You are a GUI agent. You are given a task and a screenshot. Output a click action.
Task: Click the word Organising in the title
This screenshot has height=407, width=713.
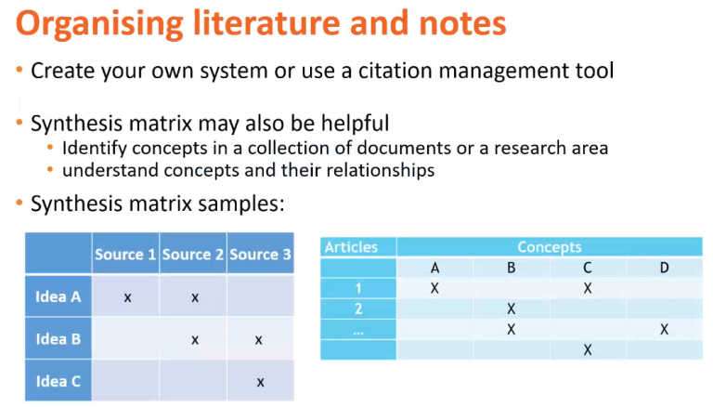click(99, 23)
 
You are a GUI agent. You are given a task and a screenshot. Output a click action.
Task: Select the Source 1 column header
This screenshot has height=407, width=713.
click(125, 254)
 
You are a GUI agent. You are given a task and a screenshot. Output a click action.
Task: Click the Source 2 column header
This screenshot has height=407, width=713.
click(193, 254)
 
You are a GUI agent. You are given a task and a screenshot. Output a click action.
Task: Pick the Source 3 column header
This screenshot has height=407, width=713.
click(260, 254)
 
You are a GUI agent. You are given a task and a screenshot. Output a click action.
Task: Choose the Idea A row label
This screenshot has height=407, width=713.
click(58, 296)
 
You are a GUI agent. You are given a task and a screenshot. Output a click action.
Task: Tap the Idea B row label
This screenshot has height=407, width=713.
click(58, 339)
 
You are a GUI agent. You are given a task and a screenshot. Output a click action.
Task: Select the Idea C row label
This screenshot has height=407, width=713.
click(58, 382)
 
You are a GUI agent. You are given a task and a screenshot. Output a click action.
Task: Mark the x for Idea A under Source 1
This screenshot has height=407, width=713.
click(128, 297)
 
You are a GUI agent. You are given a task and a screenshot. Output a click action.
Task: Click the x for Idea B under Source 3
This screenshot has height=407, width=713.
click(259, 340)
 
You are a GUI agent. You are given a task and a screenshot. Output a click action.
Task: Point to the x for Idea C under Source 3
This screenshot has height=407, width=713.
click(260, 383)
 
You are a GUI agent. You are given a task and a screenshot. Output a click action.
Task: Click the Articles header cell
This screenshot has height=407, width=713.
click(351, 247)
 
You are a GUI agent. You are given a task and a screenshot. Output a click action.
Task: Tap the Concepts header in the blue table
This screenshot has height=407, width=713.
click(550, 247)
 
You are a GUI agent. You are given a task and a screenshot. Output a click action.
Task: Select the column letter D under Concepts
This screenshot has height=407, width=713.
click(665, 268)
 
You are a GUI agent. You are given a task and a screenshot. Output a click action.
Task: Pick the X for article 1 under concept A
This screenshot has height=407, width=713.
click(434, 288)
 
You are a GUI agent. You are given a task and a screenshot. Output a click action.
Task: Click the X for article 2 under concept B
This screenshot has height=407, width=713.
click(512, 309)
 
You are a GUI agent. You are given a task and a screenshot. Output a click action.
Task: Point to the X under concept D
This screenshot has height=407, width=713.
click(665, 330)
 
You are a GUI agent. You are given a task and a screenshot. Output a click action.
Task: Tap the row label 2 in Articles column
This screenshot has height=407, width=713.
click(358, 309)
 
